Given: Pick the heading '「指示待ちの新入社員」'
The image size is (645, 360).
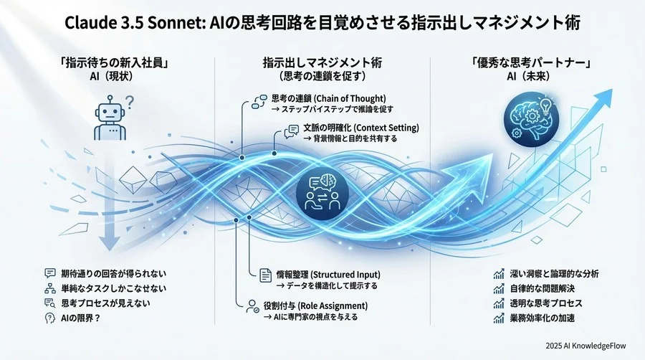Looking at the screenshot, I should tap(107, 63).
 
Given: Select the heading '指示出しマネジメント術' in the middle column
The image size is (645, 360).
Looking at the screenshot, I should tap(322, 63).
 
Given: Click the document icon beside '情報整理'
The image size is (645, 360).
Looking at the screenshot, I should tap(263, 274).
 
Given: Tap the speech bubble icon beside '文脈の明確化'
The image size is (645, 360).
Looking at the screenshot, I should tap(292, 130).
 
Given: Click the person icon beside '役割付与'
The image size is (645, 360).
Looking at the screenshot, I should tap(252, 305).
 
